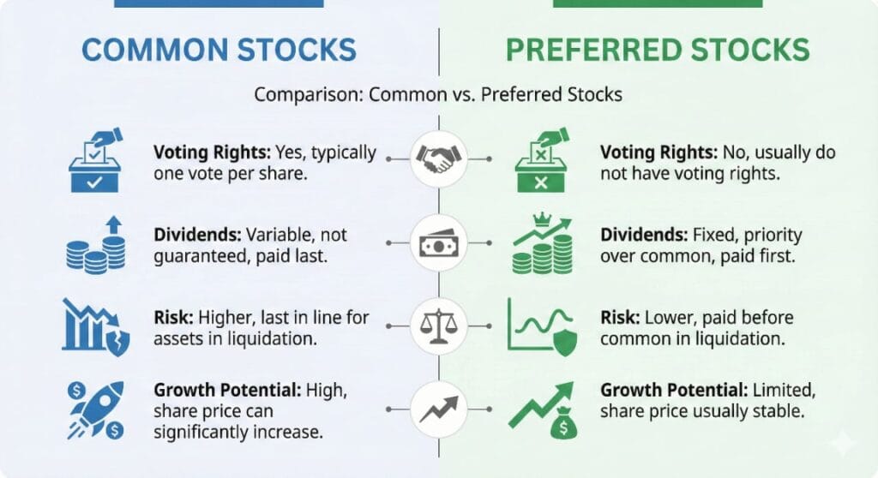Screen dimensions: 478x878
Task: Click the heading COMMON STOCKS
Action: [x=218, y=50]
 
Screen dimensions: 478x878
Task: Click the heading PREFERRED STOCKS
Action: [x=658, y=50]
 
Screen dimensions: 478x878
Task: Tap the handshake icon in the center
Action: [x=438, y=159]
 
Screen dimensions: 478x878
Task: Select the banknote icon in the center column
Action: [x=438, y=243]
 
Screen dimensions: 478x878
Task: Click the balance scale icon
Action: [x=438, y=327]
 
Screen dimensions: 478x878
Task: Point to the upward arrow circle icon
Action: [x=438, y=410]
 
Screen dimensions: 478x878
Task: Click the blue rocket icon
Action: [x=95, y=410]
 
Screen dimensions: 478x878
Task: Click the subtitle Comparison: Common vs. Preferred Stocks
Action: [x=437, y=94]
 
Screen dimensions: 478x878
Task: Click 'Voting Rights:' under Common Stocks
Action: [x=211, y=152]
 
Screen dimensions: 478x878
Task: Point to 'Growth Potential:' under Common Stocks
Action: [x=226, y=390]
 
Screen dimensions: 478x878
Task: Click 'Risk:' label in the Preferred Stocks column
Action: [x=618, y=318]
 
